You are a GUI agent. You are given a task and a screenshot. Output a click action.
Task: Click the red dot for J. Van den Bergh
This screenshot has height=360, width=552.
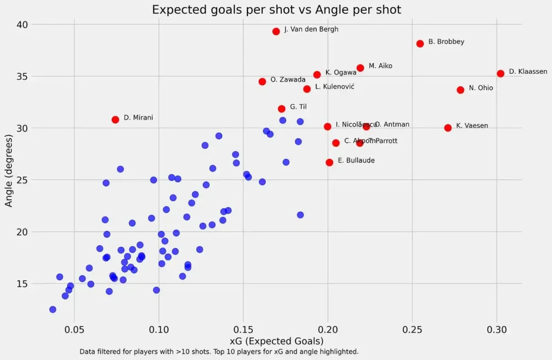pos(276,31)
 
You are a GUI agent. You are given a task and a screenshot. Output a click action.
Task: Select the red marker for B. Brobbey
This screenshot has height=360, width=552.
pos(420,44)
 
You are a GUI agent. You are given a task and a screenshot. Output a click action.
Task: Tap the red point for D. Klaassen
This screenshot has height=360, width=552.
pos(500,73)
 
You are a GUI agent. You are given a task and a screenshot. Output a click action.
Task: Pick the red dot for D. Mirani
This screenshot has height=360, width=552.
pos(115,120)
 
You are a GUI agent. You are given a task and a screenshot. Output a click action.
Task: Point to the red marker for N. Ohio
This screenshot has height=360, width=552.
pos(460,90)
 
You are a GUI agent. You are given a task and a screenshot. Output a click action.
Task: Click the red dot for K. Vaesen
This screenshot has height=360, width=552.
pos(448,128)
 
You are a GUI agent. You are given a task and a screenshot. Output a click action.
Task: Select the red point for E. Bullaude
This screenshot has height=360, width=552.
pos(329,162)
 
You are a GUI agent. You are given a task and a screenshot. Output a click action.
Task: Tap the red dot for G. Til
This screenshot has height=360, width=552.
pos(281,109)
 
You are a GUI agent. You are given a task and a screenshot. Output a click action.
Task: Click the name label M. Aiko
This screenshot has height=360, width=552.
pos(381,66)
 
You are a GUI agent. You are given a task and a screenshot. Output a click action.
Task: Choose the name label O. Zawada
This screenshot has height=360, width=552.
pos(288,80)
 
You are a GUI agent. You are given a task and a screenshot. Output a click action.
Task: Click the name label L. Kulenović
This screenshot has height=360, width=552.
pos(335,86)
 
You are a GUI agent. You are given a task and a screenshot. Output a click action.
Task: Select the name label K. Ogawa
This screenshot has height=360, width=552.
pos(341,72)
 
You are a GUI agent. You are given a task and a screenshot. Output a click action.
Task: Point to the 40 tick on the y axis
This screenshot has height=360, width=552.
pos(22,25)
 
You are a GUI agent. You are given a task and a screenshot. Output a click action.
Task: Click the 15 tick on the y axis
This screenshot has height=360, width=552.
pos(22,283)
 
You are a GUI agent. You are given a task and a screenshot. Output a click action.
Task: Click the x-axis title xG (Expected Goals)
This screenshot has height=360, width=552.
pos(277,341)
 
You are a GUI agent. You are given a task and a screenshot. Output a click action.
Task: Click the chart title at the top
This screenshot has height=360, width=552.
pos(277,10)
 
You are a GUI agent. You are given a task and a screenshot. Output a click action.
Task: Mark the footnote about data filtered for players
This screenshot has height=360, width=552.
pos(219,351)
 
